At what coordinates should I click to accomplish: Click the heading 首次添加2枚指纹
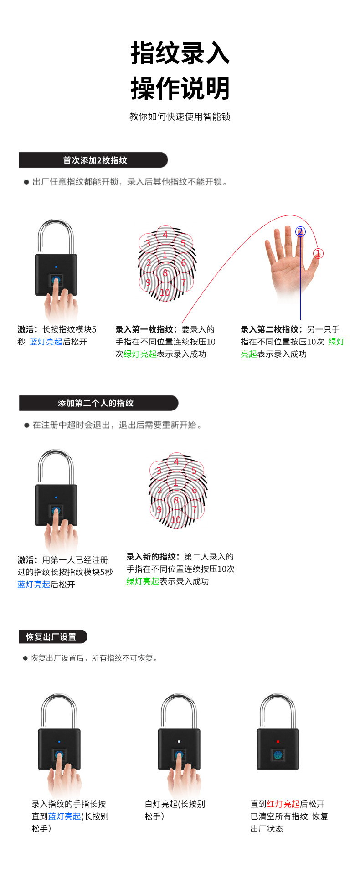[x=95, y=160]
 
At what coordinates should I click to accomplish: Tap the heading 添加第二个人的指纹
[x=95, y=403]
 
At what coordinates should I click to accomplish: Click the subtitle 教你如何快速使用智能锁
[x=180, y=117]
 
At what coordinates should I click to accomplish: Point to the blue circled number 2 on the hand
[x=300, y=232]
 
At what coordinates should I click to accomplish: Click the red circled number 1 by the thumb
[x=318, y=253]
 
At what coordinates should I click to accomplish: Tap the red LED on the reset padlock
[x=278, y=742]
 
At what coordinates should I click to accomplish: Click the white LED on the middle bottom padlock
[x=179, y=742]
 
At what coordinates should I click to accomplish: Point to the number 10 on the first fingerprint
[x=165, y=292]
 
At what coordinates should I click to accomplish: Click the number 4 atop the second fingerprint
[x=176, y=462]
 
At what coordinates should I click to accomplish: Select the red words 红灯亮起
[x=283, y=804]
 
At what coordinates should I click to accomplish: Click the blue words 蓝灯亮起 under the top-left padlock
[x=46, y=342]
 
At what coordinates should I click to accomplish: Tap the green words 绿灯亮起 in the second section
[x=143, y=581]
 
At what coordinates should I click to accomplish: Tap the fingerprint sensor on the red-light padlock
[x=278, y=755]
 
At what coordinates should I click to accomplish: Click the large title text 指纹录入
[x=180, y=53]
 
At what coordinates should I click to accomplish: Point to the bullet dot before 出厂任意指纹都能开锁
[x=26, y=182]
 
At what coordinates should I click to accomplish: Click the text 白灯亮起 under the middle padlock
[x=161, y=804]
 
